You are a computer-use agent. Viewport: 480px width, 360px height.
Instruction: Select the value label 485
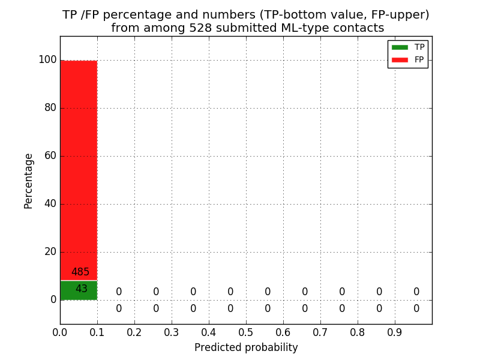(80, 272)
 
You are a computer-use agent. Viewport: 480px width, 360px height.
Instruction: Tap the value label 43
(81, 289)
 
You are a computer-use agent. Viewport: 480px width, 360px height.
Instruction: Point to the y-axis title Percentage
(28, 181)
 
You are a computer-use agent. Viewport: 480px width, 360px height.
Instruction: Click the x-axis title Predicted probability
(246, 347)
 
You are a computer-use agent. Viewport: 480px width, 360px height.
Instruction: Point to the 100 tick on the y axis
(47, 60)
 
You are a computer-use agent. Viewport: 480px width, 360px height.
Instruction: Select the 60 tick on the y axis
(50, 156)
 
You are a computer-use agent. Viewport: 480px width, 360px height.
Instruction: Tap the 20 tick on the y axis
(50, 252)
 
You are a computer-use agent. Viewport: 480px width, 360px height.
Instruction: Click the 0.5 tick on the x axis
(246, 332)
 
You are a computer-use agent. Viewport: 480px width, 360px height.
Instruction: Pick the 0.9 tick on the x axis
(395, 332)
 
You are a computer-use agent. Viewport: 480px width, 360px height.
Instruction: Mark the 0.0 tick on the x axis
(60, 332)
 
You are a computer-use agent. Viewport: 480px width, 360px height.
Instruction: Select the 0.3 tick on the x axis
(172, 332)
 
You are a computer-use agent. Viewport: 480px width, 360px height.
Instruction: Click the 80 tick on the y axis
(50, 108)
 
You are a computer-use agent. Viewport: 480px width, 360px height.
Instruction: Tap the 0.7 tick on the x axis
(320, 332)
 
